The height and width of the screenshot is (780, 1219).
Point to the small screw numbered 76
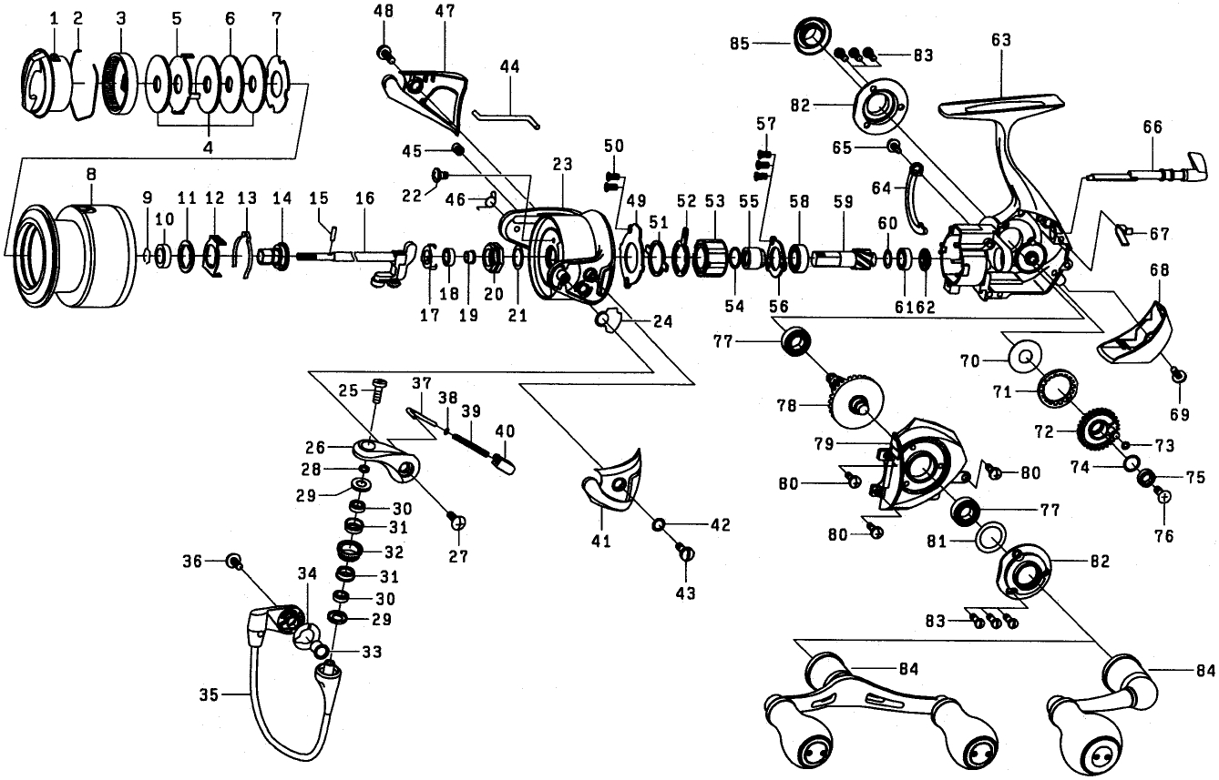coord(1163,496)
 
